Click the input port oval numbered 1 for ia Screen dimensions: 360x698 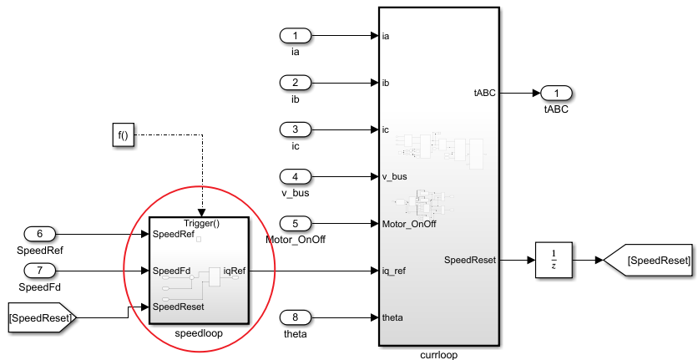pos(295,36)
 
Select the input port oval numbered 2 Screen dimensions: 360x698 pos(295,83)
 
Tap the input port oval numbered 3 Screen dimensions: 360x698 pos(295,129)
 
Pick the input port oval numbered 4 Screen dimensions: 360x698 pos(295,176)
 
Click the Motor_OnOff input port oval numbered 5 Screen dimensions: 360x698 pos(295,223)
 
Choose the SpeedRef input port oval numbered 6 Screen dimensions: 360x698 pos(40,235)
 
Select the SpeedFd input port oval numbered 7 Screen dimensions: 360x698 pos(40,271)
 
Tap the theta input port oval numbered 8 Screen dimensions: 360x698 pos(295,317)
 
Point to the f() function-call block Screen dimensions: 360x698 pos(124,134)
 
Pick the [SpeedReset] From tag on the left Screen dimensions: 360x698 pos(42,317)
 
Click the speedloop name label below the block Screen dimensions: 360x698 pos(199,332)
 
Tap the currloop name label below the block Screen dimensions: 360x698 pos(439,354)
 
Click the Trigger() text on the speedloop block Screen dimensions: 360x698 pos(200,224)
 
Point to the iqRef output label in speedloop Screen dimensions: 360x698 pos(234,271)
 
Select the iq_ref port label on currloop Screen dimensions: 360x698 pos(393,271)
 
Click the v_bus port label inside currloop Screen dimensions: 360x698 pos(394,176)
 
